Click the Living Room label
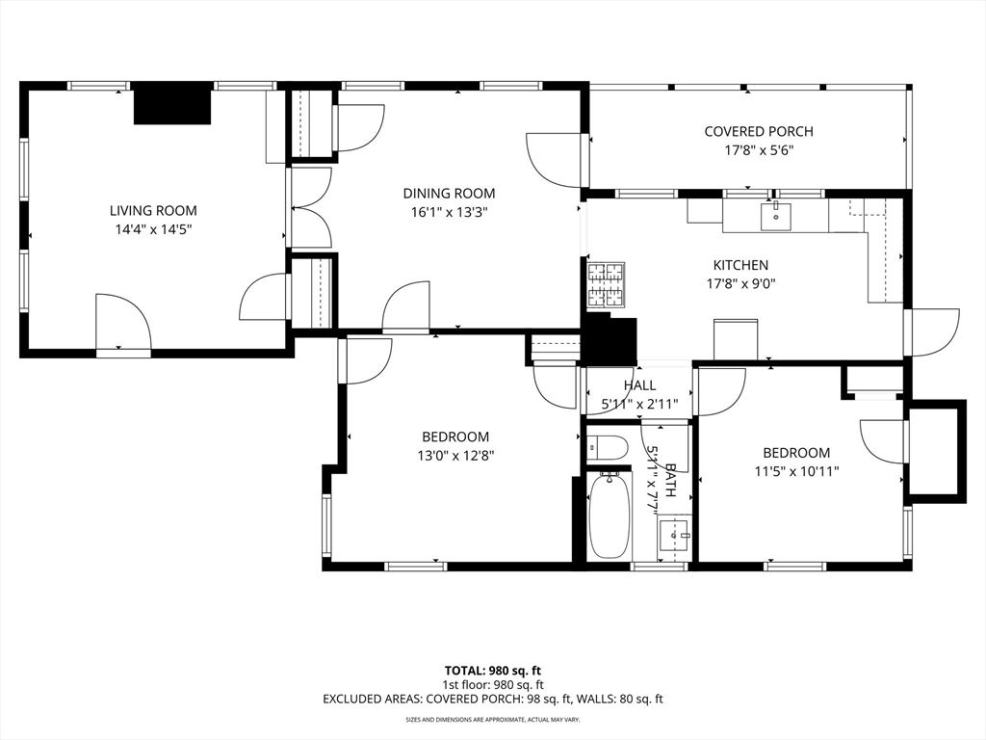click(153, 210)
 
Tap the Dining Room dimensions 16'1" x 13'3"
click(449, 213)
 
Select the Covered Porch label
click(758, 131)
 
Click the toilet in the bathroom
click(607, 447)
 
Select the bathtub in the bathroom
click(609, 515)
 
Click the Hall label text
click(639, 385)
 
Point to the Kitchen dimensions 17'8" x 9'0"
click(740, 284)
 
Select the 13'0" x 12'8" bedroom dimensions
click(455, 456)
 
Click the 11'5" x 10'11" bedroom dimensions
click(796, 472)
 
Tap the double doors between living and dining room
click(310, 207)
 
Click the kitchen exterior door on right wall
click(932, 330)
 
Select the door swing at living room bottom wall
click(123, 323)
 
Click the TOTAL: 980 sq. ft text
click(493, 670)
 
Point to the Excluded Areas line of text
click(493, 699)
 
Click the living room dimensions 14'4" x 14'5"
click(153, 229)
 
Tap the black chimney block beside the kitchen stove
click(610, 339)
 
